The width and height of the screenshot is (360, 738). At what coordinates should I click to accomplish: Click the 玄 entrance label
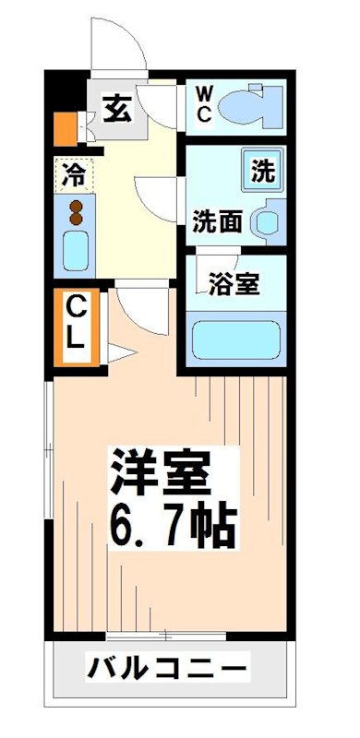[115, 110]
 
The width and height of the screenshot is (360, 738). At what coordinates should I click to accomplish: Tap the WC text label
[204, 104]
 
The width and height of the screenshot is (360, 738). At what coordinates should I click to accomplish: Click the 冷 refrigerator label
[73, 173]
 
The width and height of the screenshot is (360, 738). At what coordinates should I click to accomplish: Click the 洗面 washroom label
[218, 221]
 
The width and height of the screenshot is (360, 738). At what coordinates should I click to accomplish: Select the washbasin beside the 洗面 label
[267, 220]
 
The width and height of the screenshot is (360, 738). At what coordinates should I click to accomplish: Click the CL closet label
[75, 321]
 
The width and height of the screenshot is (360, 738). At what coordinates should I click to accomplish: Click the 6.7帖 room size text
[173, 524]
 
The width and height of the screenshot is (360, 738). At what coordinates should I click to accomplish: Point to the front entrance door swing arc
[120, 46]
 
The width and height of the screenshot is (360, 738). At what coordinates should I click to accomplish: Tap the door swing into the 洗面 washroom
[157, 196]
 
